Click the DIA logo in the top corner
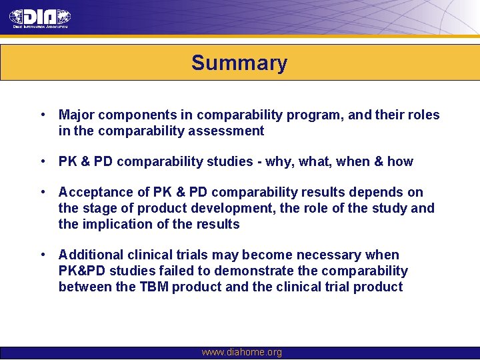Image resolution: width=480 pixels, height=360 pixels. coord(39,17)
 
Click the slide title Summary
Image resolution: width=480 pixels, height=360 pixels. coord(239,63)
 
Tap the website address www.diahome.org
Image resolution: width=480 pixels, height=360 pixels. coord(241,352)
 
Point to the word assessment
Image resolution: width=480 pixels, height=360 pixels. coord(231,131)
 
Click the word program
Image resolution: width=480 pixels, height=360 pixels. coord(312,115)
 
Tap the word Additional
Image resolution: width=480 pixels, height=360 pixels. coord(89,255)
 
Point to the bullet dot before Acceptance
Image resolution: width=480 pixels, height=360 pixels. coord(43,193)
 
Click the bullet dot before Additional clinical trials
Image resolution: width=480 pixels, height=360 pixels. coord(43,255)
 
